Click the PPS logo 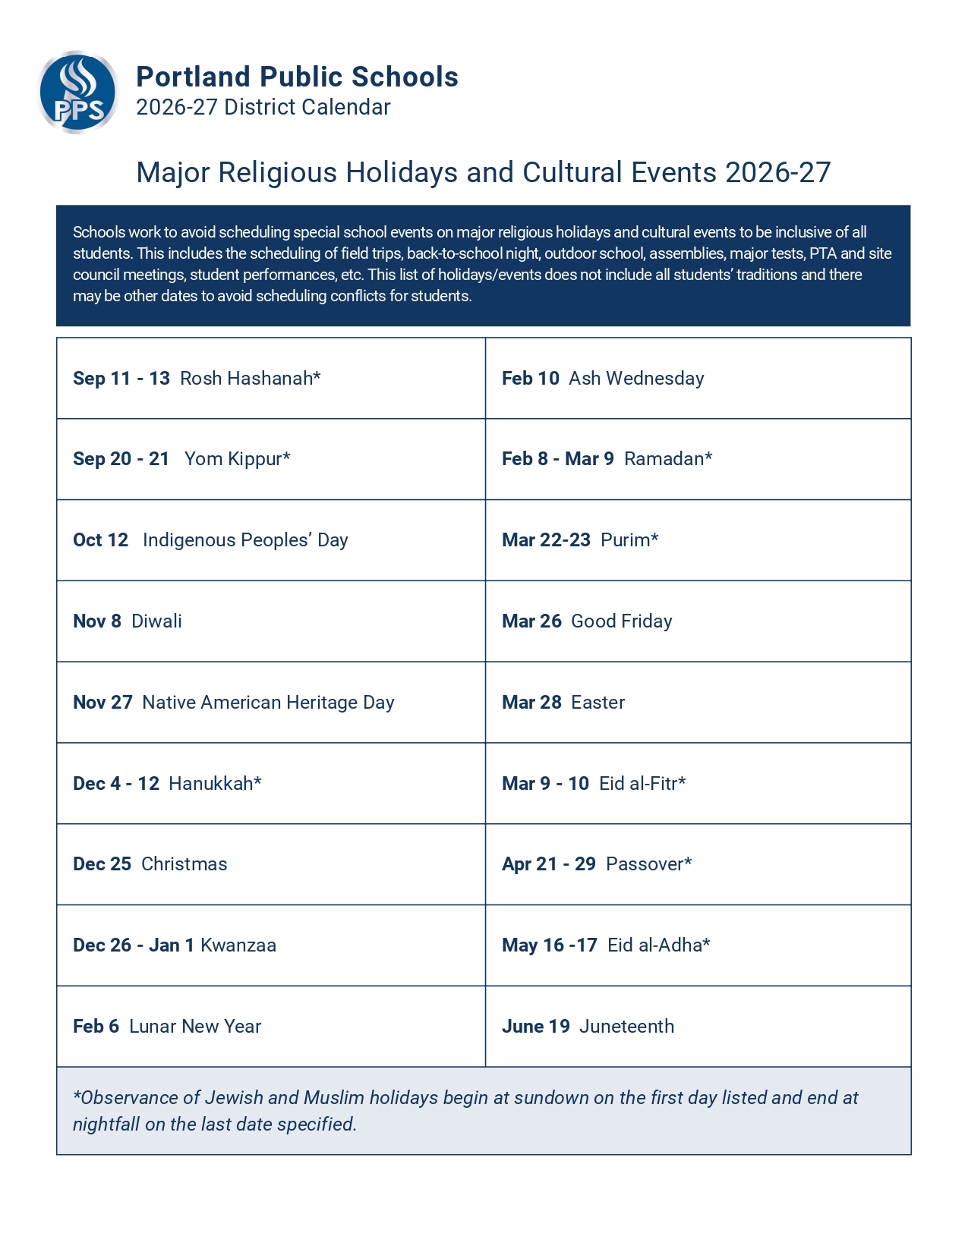77,93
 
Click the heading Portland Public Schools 297,77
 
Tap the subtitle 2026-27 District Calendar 263,108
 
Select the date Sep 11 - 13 121,378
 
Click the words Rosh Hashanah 250,378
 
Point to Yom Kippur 237,459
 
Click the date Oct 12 101,540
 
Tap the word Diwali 156,621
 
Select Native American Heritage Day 268,703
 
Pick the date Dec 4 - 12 116,784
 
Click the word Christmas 184,864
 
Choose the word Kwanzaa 238,945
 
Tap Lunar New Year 195,1027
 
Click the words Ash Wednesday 636,378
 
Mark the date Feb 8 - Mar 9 558,459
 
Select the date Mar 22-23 546,540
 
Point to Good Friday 621,621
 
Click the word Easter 598,703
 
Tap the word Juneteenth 626,1027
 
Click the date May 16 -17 550,945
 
